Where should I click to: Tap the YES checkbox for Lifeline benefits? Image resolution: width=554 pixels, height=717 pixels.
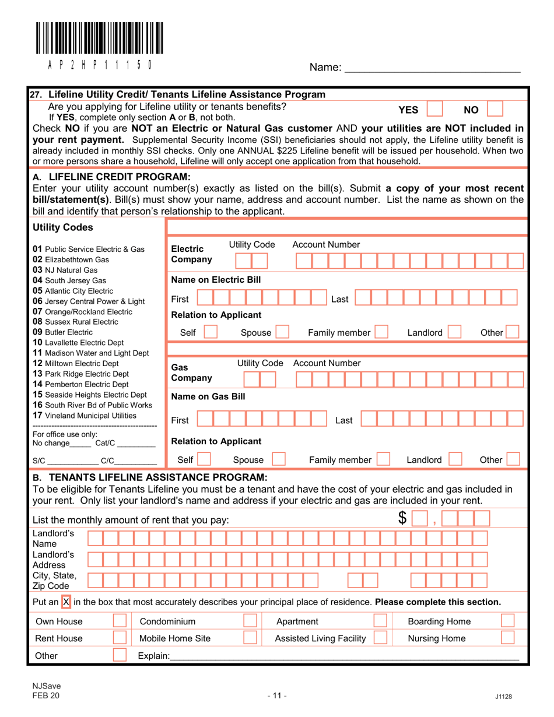click(436, 109)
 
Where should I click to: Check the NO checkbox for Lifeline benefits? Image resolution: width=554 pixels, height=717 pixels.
click(495, 109)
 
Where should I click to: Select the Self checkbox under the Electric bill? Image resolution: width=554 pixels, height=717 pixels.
click(209, 333)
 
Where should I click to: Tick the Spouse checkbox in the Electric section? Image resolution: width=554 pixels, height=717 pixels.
click(282, 333)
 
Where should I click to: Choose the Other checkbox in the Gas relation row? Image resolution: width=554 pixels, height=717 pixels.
click(514, 460)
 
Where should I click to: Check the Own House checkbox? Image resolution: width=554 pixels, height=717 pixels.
click(120, 621)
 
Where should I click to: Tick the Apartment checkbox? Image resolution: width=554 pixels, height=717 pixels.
click(380, 621)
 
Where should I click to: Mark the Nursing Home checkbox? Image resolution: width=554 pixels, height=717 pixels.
click(508, 638)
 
